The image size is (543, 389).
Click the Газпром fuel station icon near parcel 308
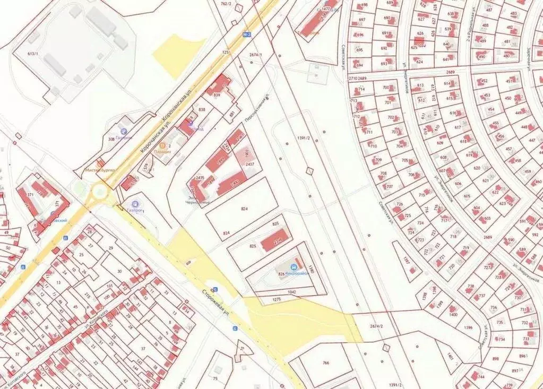124,131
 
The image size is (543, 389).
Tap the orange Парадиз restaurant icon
162,145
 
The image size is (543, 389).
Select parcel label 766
326,364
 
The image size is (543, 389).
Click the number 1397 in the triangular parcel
406,261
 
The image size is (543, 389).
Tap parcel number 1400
453,315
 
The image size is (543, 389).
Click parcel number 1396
468,327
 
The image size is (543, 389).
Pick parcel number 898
496,359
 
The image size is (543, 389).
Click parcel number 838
202,109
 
